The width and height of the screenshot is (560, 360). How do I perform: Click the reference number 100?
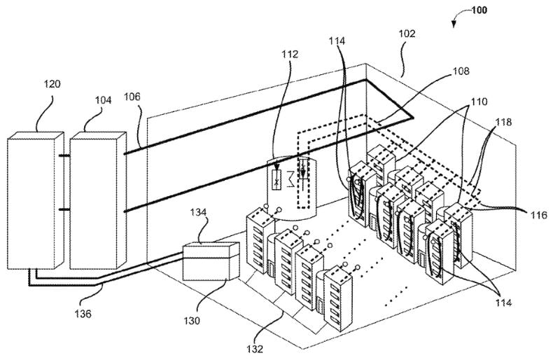(479, 10)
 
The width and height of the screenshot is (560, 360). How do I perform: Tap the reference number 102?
(407, 34)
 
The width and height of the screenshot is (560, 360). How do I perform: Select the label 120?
(52, 84)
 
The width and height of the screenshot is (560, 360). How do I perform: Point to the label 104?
(103, 100)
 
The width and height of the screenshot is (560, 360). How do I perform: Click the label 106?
(132, 97)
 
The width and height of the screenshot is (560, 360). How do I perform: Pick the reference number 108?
(461, 71)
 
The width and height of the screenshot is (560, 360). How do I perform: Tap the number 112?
(289, 55)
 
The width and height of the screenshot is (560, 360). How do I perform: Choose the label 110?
(479, 102)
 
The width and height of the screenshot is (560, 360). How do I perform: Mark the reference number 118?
(503, 123)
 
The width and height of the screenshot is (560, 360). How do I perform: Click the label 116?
(538, 215)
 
